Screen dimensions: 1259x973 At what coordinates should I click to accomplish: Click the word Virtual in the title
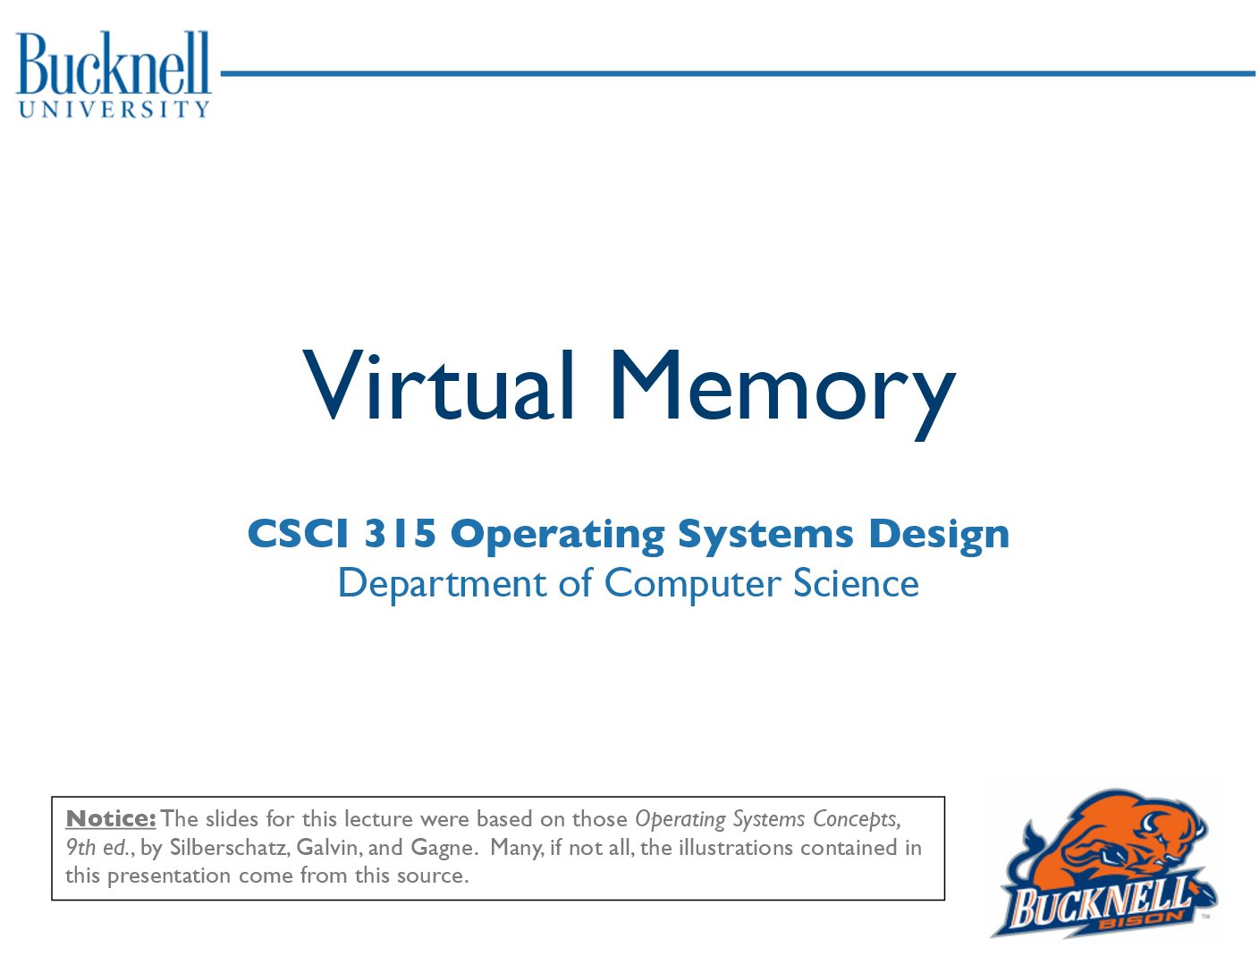coord(438,385)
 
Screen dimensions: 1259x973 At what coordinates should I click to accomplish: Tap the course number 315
coord(399,533)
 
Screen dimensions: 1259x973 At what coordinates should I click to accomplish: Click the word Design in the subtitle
coord(939,535)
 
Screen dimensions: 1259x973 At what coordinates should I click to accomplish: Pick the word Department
coord(442,584)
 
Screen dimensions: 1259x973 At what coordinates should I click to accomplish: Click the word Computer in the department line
coord(693,584)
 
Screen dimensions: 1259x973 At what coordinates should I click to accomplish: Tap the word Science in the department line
coord(856,582)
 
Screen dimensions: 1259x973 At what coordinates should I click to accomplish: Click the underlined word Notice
coord(111,818)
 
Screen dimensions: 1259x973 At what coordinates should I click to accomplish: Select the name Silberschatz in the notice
coord(229,847)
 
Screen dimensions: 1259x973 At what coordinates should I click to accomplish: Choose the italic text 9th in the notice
coord(80,847)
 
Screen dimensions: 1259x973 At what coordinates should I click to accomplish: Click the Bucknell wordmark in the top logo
coord(113,63)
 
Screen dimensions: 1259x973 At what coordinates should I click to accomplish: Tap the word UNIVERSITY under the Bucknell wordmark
coord(114,108)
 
